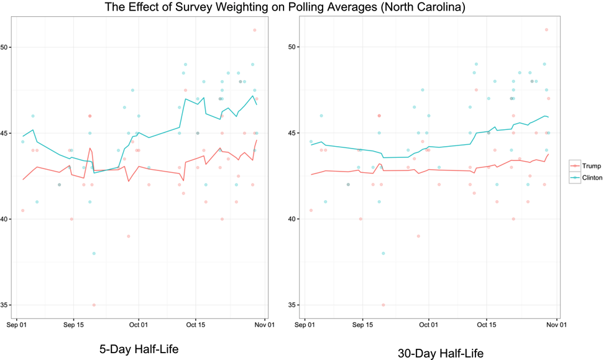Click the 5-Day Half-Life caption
coord(139,349)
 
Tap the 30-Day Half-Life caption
coord(440,353)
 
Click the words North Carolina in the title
coord(414,7)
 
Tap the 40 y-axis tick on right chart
coord(295,219)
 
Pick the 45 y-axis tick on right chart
coord(295,133)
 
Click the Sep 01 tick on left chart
coord(17,325)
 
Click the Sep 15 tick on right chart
coord(362,325)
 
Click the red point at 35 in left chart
coord(94,305)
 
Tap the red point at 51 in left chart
coord(255,30)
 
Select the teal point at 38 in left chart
coord(94,253)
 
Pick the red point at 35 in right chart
coord(383,305)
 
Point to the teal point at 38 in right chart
coord(383,253)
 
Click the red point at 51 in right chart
coord(546,30)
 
